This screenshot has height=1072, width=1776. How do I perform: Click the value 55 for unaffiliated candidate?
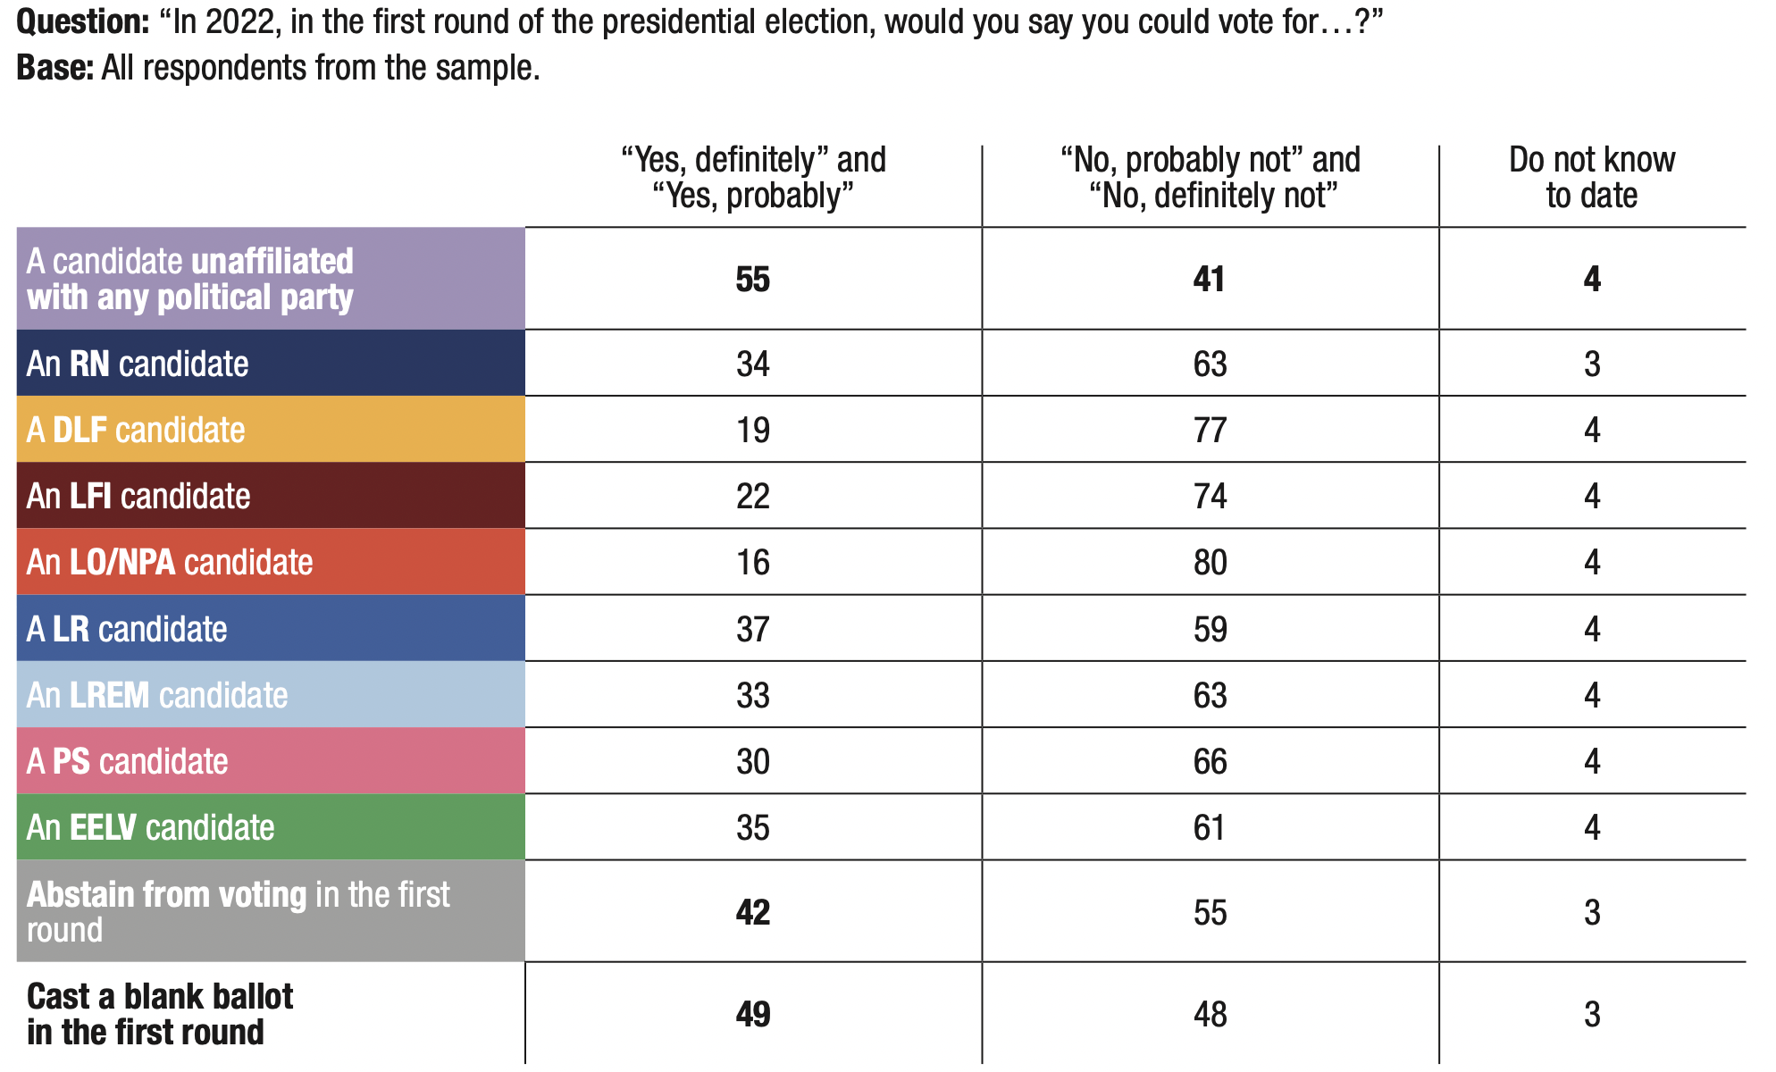point(752,280)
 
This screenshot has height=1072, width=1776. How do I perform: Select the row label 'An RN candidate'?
point(138,364)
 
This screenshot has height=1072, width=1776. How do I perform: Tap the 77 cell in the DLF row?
point(1210,430)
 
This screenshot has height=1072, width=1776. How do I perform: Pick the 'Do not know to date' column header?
point(1591,178)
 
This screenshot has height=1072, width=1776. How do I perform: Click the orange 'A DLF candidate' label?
point(136,430)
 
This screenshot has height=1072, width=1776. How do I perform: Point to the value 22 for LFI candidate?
point(752,496)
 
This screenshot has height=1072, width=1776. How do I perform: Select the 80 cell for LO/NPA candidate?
point(1210,562)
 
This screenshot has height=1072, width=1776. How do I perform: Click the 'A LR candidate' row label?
point(127,629)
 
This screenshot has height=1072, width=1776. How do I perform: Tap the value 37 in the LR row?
point(752,629)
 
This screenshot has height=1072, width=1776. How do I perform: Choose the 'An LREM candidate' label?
point(157,695)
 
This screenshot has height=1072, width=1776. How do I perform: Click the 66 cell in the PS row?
point(1210,761)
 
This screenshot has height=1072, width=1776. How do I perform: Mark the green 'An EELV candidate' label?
point(150,827)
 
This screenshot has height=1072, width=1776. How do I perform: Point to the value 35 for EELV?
point(752,827)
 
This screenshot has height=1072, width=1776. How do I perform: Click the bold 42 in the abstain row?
point(752,912)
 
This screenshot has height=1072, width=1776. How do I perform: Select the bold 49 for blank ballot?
point(752,1014)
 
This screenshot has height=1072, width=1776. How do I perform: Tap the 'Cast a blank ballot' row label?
point(159,1014)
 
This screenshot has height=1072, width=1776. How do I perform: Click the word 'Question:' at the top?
point(83,21)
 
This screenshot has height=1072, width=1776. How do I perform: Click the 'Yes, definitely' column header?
point(752,178)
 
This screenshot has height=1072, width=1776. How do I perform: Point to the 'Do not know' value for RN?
point(1591,364)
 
